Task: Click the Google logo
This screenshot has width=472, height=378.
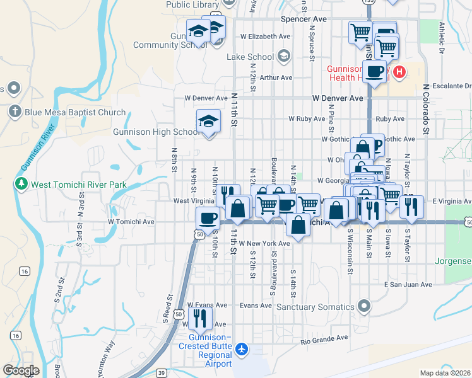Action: (21, 370)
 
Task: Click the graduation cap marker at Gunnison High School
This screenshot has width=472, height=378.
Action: (208, 122)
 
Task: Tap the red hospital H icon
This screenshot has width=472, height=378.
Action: (399, 73)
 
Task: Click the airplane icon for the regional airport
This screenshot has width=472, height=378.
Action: (244, 350)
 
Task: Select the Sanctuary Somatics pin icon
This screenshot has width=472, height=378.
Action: (363, 307)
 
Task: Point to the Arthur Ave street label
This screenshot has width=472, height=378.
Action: (276, 77)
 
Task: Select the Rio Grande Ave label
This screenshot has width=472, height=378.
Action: (324, 338)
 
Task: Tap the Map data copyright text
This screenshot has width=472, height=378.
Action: (445, 373)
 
